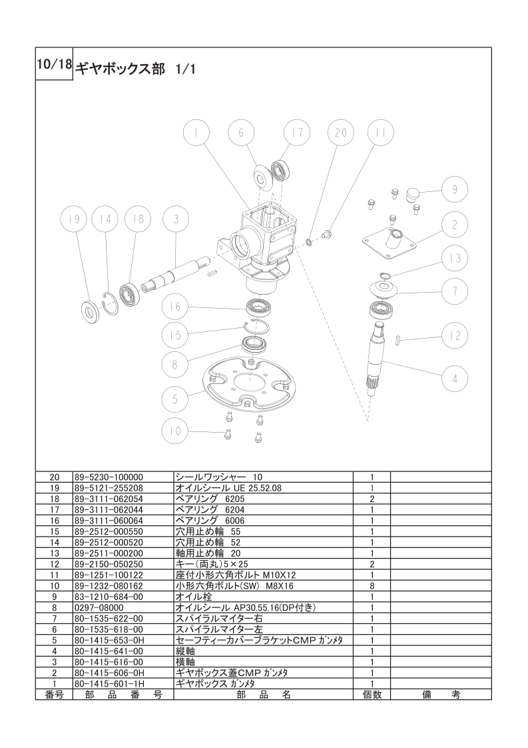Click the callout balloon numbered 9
[455, 190]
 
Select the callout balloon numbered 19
[73, 219]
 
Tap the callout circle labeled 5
[175, 399]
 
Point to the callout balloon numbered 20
[341, 133]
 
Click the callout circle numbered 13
[455, 258]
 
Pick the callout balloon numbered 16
[175, 307]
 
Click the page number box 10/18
[54, 64]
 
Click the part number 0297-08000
[99, 608]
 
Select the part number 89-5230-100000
[109, 477]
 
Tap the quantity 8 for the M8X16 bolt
[372, 586]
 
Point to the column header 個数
[372, 695]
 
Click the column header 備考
[441, 695]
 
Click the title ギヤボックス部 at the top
[121, 69]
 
